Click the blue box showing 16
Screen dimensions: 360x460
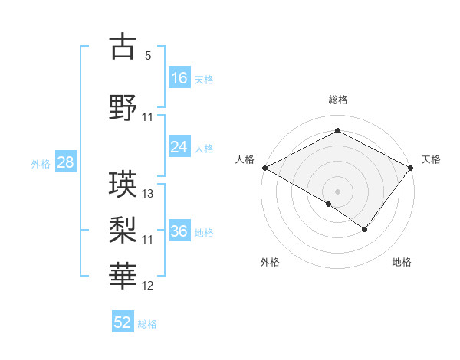[x=179, y=77]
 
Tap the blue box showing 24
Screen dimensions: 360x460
[x=179, y=147]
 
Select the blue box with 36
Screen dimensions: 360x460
[x=179, y=231]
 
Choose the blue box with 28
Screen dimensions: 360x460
[x=64, y=162]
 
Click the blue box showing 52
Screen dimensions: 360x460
[x=123, y=322]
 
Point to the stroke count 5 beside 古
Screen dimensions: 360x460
[x=148, y=57]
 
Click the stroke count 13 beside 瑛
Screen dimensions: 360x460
[x=149, y=194]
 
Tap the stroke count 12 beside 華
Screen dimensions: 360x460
[x=149, y=286]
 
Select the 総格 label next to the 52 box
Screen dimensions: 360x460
[x=148, y=324]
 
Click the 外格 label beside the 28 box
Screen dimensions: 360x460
[x=41, y=163]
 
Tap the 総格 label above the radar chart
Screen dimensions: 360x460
[x=337, y=100]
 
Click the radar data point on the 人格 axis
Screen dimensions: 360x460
[x=264, y=167]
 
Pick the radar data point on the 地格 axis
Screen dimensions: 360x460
[x=365, y=229]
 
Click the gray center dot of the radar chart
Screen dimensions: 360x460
[x=337, y=191]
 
